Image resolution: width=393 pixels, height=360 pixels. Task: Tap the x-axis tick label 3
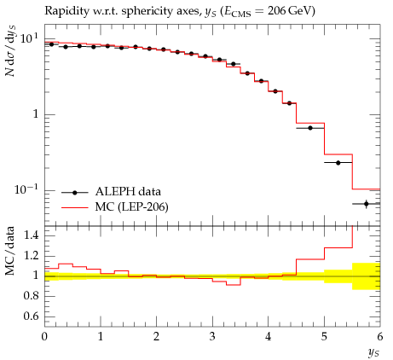[x=212, y=337]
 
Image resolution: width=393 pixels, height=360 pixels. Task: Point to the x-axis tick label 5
[x=324, y=337]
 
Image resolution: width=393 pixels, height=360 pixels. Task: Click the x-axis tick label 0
[x=44, y=337]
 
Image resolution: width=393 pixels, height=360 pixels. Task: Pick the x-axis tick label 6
[x=380, y=337]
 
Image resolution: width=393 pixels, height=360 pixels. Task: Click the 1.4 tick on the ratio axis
[x=31, y=235]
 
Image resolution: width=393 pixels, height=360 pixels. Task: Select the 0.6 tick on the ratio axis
[x=31, y=316]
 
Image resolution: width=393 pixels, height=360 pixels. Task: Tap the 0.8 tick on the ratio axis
[x=31, y=296]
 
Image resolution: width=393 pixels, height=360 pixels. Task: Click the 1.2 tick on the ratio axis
[x=31, y=255]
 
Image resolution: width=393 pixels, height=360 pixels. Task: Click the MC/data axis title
[x=9, y=251]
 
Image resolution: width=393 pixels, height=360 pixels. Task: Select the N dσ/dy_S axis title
[x=10, y=51]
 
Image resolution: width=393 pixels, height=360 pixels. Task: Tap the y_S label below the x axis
[x=373, y=353]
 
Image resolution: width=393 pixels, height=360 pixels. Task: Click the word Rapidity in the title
[x=62, y=11]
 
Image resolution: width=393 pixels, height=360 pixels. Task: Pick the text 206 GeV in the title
[x=289, y=11]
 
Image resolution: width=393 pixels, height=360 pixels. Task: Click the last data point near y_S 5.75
[x=366, y=204]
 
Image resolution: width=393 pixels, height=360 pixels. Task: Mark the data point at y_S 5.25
[x=338, y=163]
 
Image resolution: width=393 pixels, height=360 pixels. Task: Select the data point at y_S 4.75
[x=310, y=128]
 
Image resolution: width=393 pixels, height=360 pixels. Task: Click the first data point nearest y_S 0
[x=51, y=44]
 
